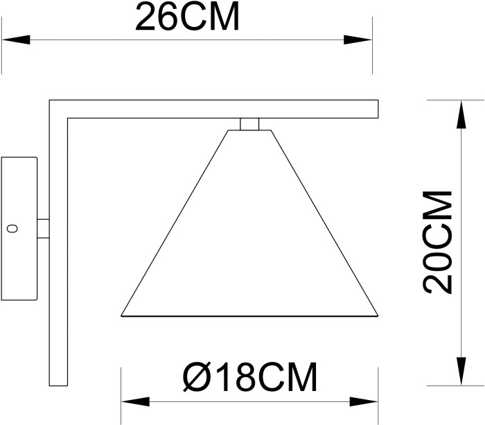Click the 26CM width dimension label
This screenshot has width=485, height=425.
pos(187,18)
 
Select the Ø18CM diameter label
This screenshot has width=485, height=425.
pos(249,378)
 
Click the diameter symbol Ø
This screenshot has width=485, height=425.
pos(196,378)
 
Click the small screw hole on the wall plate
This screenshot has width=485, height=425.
pos(11,228)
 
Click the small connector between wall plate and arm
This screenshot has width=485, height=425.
pos(42,228)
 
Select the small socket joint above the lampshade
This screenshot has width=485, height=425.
pos(249,123)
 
